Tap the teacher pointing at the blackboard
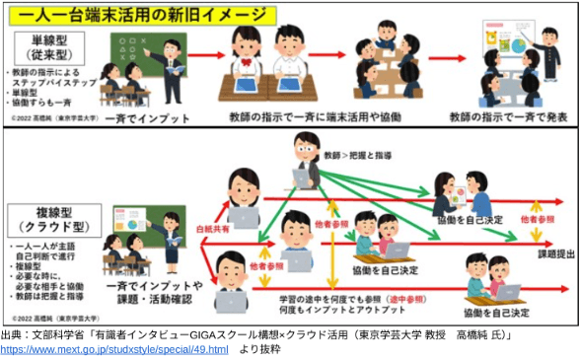169,62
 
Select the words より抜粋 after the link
259,350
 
